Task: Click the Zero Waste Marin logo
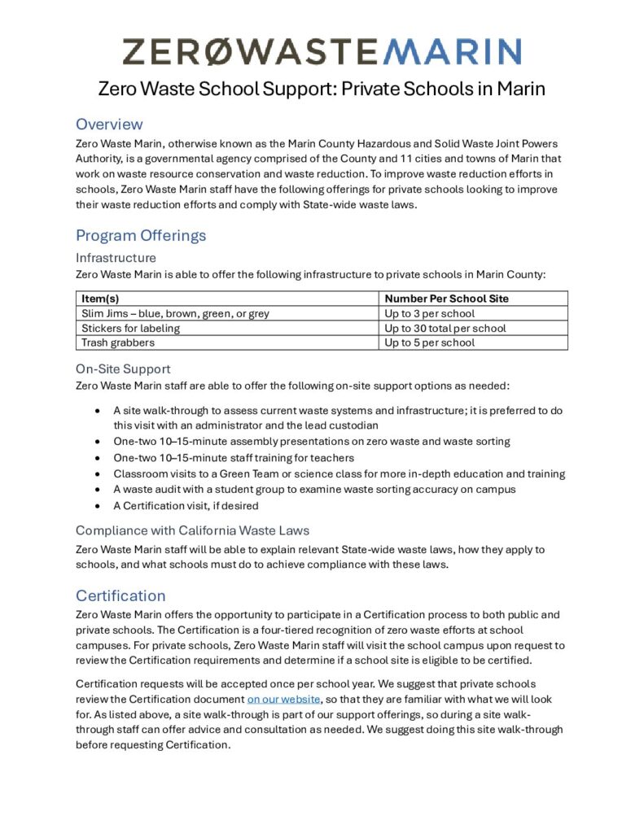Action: [x=322, y=50]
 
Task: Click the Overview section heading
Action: [x=109, y=124]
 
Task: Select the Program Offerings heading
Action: [x=141, y=236]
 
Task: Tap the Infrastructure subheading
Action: [x=116, y=258]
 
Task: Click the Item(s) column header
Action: [x=101, y=299]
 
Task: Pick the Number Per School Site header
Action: [x=446, y=299]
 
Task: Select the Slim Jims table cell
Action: [x=175, y=313]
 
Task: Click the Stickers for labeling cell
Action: [x=131, y=328]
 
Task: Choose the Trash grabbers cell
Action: [x=118, y=342]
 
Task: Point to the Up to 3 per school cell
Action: [x=429, y=313]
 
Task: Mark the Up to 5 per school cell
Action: [x=429, y=342]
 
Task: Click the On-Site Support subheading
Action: [x=122, y=369]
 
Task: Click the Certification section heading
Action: [x=120, y=595]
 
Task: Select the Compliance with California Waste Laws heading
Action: [x=192, y=531]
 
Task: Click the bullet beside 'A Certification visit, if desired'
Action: [x=98, y=506]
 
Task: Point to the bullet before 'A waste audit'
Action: [x=98, y=490]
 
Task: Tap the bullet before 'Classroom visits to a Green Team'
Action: [x=98, y=473]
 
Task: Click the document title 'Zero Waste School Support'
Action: [x=322, y=88]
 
